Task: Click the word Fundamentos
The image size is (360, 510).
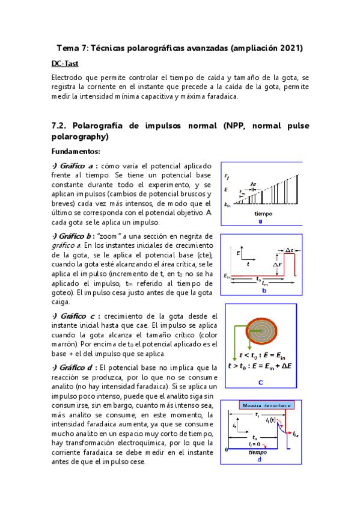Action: point(76,151)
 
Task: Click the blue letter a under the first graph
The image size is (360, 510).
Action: point(260,221)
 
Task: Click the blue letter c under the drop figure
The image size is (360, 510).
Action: point(260,381)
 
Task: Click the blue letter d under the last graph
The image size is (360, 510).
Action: point(259,460)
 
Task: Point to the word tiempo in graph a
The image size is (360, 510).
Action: point(263,214)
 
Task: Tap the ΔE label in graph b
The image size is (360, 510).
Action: point(277,264)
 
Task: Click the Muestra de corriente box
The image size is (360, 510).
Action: point(267,405)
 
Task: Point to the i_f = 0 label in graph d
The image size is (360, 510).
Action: point(258,443)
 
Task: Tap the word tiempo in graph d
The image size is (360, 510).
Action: point(258,452)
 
